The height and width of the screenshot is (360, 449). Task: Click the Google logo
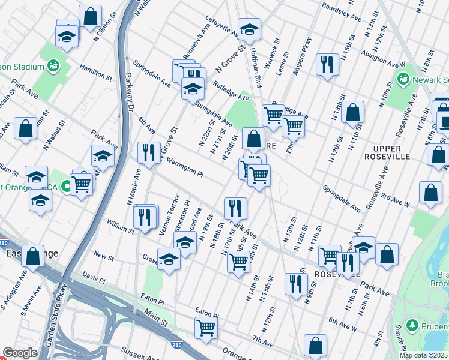click(20, 353)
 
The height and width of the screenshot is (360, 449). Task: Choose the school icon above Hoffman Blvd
click(249, 29)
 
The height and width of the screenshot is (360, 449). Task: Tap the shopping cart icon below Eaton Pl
click(206, 328)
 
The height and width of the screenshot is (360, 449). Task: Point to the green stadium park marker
click(53, 65)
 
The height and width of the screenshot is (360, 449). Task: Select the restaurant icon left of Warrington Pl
click(148, 152)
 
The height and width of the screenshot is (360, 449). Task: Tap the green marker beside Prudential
click(412, 326)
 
